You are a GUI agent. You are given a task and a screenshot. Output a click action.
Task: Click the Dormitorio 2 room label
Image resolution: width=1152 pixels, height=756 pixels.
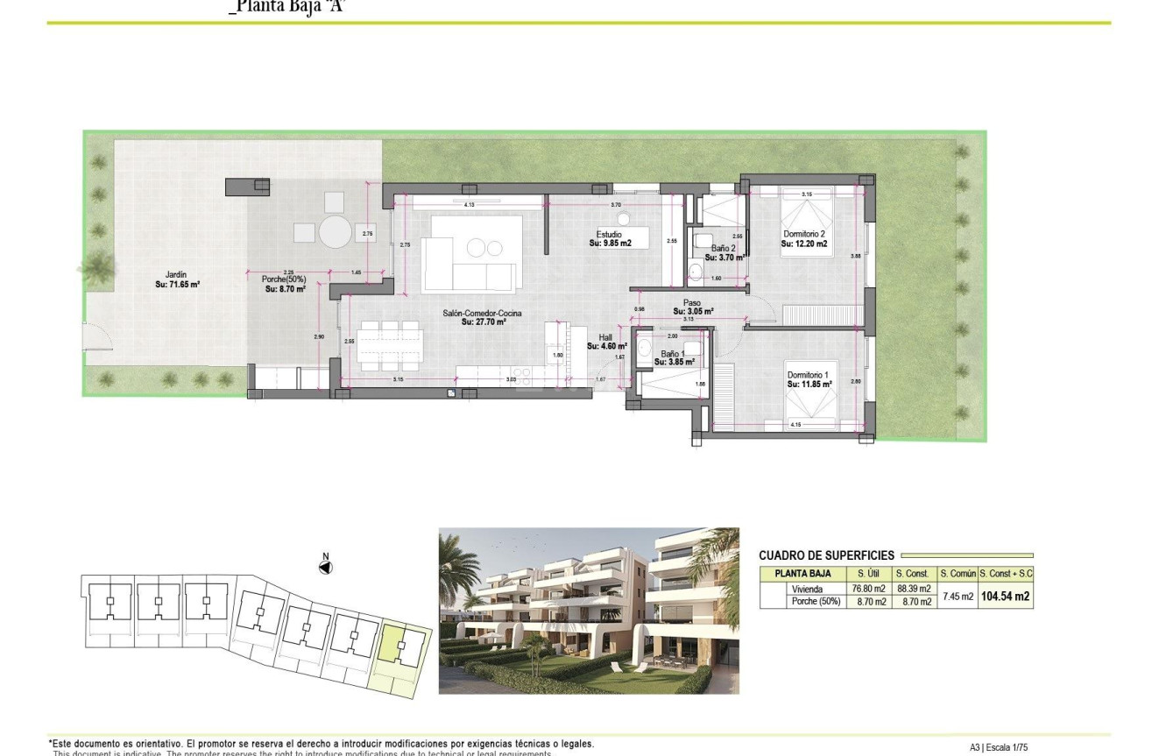point(803,234)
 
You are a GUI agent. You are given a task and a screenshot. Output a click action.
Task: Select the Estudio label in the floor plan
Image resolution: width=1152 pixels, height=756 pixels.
point(610,235)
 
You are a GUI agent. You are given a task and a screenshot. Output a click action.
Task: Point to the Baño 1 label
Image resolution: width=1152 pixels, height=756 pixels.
point(674,352)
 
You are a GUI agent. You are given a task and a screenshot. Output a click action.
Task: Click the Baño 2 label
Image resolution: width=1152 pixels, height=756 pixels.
point(723,249)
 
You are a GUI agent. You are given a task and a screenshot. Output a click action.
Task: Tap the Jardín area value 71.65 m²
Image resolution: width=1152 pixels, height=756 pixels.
point(178,285)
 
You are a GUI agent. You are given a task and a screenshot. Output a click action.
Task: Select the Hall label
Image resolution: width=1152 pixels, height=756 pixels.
point(605,337)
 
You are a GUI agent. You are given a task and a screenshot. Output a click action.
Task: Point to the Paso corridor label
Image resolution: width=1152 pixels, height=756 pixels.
point(693,303)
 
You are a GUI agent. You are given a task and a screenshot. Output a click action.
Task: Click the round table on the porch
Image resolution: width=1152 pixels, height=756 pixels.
point(334,234)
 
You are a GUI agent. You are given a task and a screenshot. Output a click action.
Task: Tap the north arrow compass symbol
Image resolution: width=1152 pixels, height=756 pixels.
point(325,567)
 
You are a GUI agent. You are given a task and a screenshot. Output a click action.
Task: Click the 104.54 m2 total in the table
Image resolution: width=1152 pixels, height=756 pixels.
point(1004,597)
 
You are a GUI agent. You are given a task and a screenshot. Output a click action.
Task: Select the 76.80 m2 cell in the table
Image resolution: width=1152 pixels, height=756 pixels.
point(864,589)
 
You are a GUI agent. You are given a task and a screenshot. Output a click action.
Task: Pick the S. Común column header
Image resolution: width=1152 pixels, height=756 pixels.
point(958,574)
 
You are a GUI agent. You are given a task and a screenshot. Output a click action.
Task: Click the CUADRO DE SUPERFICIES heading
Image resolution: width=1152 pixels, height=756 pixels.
point(826,555)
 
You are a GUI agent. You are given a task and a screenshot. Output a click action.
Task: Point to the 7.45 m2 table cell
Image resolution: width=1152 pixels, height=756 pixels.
point(958,596)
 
